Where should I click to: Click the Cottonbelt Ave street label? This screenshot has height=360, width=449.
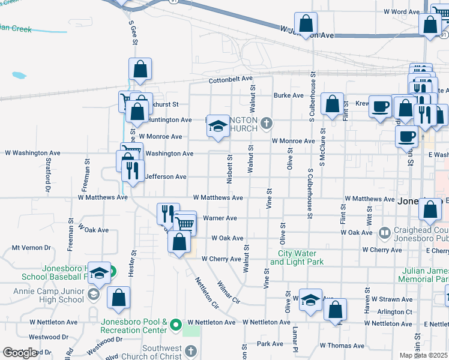click(231, 79)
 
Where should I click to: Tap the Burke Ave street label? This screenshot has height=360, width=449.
click(288, 95)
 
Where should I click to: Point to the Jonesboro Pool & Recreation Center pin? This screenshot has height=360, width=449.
click(175, 325)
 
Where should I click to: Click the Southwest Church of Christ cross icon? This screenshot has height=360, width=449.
click(190, 351)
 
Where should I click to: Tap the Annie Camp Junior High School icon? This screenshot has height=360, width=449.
click(93, 294)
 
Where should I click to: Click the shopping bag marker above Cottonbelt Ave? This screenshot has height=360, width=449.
click(140, 70)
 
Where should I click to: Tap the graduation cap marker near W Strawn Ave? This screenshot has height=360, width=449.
click(310, 299)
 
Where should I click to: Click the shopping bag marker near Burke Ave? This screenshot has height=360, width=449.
click(332, 104)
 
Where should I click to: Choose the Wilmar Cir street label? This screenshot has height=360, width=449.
click(228, 292)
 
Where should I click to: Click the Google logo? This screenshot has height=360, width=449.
click(20, 353)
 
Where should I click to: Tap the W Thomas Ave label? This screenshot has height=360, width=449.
click(342, 346)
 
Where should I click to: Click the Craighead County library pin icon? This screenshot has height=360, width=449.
click(385, 232)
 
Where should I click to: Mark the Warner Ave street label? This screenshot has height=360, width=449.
click(220, 218)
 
